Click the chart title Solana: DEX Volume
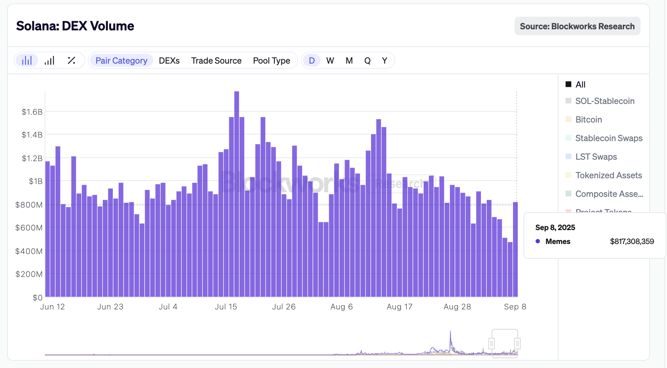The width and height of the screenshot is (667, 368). [x=75, y=26]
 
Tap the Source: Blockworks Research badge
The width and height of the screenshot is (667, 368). [x=577, y=26]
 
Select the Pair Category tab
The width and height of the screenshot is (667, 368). [x=121, y=61]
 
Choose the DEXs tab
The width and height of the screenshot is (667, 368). [x=169, y=61]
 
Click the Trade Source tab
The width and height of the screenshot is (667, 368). [x=216, y=61]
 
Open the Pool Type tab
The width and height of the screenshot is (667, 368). [x=271, y=61]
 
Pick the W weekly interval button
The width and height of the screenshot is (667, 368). [x=330, y=61]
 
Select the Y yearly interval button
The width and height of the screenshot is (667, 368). [x=385, y=61]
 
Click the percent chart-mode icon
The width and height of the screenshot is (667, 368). [x=71, y=61]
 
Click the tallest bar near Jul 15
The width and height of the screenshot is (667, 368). [x=237, y=193]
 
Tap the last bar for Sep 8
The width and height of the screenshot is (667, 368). [x=515, y=250]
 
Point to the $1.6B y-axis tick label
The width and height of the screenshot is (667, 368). [x=32, y=112]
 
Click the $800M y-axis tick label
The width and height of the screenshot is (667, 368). [x=29, y=205]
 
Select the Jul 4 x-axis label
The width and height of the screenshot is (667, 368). [x=168, y=307]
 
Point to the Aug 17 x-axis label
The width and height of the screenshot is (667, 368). [x=399, y=307]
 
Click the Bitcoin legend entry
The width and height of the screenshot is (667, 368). [x=588, y=120]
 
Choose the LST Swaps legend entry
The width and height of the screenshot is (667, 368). [x=596, y=157]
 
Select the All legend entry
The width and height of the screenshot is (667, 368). [x=580, y=85]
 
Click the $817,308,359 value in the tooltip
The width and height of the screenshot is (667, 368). [x=632, y=242]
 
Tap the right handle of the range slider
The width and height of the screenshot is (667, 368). [x=517, y=344]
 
